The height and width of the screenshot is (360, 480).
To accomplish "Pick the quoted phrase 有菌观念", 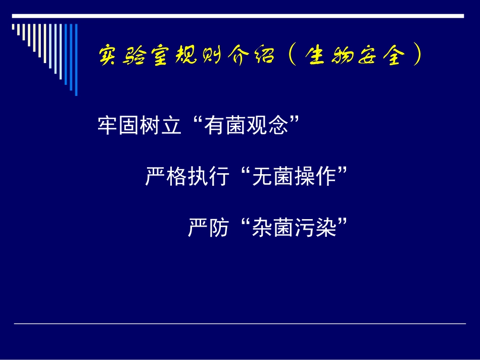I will pyautogui.click(x=246, y=125).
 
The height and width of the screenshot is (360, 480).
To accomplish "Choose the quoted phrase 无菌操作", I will pyautogui.click(x=294, y=177).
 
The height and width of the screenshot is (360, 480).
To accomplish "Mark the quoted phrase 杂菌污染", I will pyautogui.click(x=294, y=228).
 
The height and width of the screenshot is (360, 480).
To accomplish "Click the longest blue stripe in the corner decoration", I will pyautogui.click(x=76, y=59).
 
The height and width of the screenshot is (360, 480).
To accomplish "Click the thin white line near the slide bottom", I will pyautogui.click(x=240, y=324).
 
